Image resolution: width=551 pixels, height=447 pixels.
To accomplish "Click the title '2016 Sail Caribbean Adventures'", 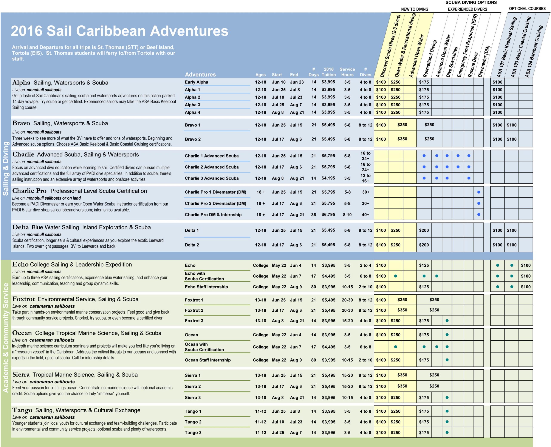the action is pyautogui.click(x=119, y=31).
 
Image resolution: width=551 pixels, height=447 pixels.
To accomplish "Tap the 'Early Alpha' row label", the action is pyautogui.click(x=196, y=82).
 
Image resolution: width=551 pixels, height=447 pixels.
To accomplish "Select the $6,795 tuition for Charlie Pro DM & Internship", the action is pyautogui.click(x=328, y=214).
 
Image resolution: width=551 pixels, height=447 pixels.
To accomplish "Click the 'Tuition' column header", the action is pyautogui.click(x=328, y=75).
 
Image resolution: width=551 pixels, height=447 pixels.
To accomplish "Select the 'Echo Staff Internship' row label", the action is pyautogui.click(x=206, y=287).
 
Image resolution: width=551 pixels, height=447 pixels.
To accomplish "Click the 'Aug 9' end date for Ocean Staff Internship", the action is pyautogui.click(x=296, y=360).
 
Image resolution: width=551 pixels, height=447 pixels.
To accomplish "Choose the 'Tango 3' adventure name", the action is pyautogui.click(x=193, y=433).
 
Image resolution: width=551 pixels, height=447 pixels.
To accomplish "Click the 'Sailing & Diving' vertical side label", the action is pyautogui.click(x=6, y=168).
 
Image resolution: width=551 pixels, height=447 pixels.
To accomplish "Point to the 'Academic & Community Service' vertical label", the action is pyautogui.click(x=6, y=338).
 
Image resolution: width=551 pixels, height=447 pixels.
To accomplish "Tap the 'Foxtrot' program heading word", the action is pyautogui.click(x=23, y=299).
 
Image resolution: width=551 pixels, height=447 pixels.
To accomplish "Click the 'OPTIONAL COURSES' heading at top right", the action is pyautogui.click(x=527, y=9).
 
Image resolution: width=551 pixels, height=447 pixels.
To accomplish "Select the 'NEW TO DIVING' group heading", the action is pyautogui.click(x=415, y=9).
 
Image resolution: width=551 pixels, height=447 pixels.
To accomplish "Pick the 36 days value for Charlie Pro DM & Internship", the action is pyautogui.click(x=314, y=214).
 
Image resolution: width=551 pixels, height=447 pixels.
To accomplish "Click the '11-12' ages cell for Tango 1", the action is pyautogui.click(x=260, y=411).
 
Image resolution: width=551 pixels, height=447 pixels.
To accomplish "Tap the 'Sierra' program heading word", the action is pyautogui.click(x=21, y=374).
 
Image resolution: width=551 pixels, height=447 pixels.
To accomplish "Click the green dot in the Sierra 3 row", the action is pyautogui.click(x=447, y=398).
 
